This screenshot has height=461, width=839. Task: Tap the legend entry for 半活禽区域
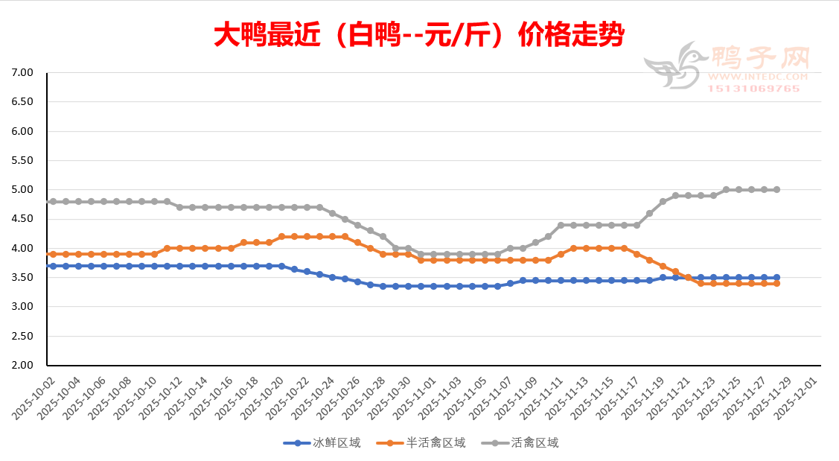pos(421,443)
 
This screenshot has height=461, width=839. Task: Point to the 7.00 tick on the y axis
pos(23,73)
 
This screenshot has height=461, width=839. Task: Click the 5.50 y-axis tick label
pos(23,161)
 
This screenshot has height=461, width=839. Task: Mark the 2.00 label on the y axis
pos(23,366)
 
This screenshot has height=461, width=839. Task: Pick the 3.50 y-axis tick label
pos(23,278)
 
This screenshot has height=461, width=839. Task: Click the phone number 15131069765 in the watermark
pos(753,89)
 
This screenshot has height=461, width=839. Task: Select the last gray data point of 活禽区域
pos(777,190)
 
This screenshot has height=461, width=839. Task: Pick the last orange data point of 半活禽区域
pos(777,283)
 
